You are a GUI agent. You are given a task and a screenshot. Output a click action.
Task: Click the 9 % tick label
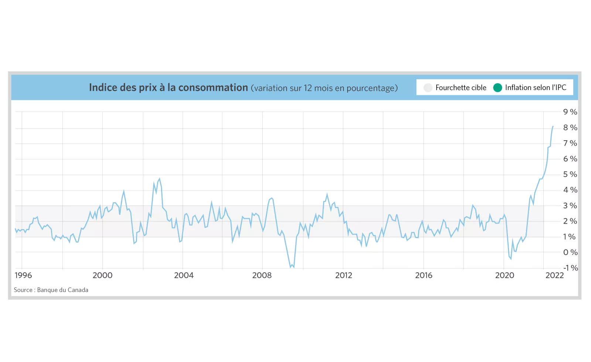[x=570, y=112]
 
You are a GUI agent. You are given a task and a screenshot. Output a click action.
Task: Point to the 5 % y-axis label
[x=570, y=174]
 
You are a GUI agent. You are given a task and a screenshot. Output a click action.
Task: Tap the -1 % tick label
[x=570, y=268]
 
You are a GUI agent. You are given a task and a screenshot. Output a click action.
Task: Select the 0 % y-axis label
[x=570, y=252]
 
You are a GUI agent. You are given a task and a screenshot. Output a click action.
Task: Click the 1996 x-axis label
[x=23, y=275]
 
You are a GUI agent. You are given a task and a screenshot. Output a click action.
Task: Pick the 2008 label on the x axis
[x=262, y=275]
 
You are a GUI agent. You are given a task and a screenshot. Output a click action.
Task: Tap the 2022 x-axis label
[x=554, y=275]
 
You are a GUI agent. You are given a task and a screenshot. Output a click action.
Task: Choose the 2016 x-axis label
[x=424, y=275]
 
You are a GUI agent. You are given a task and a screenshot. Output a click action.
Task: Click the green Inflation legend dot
[x=498, y=87]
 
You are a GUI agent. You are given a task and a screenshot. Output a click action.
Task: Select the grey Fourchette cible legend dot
[x=428, y=87]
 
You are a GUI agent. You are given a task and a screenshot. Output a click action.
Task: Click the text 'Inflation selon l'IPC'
[x=536, y=87]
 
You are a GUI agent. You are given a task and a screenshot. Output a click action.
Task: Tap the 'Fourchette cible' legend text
[x=461, y=87]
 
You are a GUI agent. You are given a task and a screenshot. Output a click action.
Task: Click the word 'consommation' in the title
[x=213, y=87]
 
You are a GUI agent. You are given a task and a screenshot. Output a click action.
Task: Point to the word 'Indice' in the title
[x=103, y=87]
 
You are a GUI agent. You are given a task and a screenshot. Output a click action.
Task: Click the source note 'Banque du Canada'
[x=63, y=290]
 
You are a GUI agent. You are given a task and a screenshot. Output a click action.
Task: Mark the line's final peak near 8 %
[x=553, y=126]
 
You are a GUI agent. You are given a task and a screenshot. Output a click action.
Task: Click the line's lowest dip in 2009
[x=291, y=267]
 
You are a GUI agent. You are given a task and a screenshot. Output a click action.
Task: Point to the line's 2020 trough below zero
[x=511, y=259]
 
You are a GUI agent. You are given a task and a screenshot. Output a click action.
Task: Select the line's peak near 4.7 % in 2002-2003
[x=160, y=179]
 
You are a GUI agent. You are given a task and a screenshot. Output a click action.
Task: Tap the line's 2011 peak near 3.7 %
[x=327, y=194]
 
